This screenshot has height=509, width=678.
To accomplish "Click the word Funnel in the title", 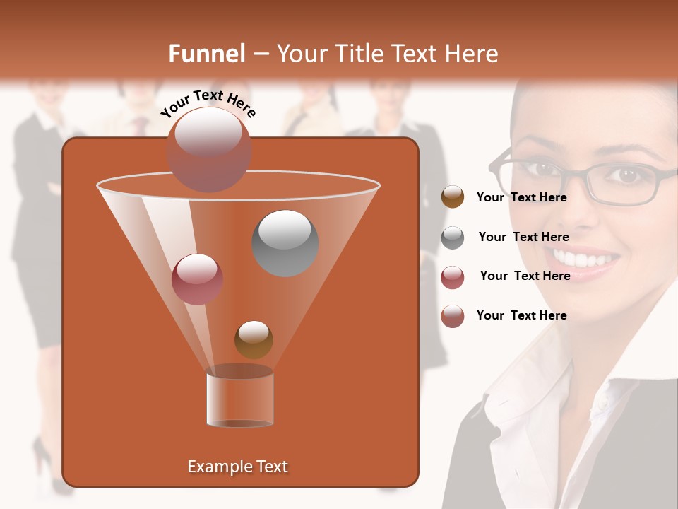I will pos(206,54).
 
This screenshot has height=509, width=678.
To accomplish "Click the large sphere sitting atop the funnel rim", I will pos(209,149).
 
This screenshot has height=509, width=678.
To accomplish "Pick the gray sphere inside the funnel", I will pos(285,243).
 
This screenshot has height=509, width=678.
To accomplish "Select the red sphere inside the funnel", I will pos(197,279).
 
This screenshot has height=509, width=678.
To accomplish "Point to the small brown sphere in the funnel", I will pos(254,339).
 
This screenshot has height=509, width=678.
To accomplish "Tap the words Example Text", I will pos(238,467).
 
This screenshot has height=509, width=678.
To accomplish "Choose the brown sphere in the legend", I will pos(453,197).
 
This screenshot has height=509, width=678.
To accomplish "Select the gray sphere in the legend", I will pos(453,238).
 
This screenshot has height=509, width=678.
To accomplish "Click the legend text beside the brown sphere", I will pos(521,198).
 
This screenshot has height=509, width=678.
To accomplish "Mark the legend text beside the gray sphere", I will pos(523,238).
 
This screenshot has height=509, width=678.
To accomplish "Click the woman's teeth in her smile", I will pos(583,259).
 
